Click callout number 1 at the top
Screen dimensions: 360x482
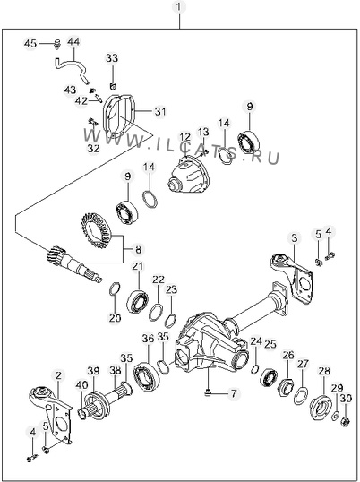(x=179, y=7)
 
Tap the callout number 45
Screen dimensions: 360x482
(x=30, y=44)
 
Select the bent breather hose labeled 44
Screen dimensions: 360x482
(x=72, y=69)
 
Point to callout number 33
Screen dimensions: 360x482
(x=112, y=58)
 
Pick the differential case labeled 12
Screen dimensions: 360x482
(x=189, y=174)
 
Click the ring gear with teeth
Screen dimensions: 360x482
(x=97, y=230)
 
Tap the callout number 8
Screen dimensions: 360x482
(x=138, y=250)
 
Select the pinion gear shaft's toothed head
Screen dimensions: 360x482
(x=55, y=254)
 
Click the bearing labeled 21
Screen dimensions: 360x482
(x=137, y=302)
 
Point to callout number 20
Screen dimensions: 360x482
(x=115, y=318)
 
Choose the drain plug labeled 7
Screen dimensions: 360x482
(x=208, y=392)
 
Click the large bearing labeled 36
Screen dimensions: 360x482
(x=146, y=377)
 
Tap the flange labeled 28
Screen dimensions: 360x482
(x=321, y=408)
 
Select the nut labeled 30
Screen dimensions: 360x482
(x=346, y=421)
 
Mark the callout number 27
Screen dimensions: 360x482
(x=304, y=364)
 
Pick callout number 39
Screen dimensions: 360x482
(x=93, y=371)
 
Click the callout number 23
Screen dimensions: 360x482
(x=171, y=289)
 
